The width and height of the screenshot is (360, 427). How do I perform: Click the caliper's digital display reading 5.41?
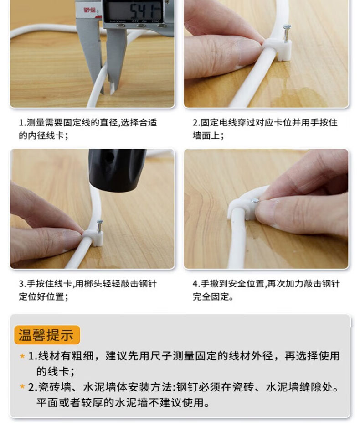[134, 11]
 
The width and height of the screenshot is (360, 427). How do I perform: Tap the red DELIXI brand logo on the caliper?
[89, 10]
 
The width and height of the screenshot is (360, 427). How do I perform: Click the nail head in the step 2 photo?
[287, 27]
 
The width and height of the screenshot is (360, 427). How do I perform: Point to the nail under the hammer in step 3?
[100, 226]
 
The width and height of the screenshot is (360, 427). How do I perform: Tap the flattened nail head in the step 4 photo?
[255, 201]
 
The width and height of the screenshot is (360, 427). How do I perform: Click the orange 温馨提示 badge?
[47, 335]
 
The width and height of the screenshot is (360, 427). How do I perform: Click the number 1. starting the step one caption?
[22, 123]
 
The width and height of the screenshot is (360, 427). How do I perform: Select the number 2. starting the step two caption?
[196, 123]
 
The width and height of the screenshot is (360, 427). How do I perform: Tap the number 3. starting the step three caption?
[22, 284]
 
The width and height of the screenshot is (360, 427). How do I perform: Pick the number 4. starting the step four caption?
[196, 284]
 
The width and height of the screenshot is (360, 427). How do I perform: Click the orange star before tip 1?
[22, 356]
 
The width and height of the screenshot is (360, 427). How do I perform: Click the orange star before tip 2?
[22, 387]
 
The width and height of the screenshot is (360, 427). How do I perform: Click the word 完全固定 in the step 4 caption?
[211, 297]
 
